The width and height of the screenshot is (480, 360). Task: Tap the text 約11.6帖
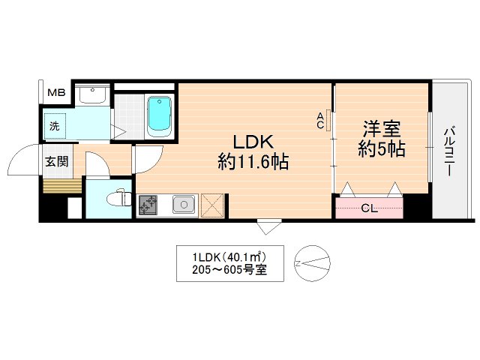click(x=253, y=161)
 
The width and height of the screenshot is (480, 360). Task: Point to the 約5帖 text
click(x=381, y=149)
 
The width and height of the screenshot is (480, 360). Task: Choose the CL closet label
click(x=369, y=208)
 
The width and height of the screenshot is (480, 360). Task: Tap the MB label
click(x=57, y=93)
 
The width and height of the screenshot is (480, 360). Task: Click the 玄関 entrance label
click(x=55, y=161)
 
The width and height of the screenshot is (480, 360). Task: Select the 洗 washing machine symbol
click(x=55, y=126)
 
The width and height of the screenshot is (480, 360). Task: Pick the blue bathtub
click(x=159, y=116)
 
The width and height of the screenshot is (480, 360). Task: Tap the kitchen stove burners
click(x=148, y=204)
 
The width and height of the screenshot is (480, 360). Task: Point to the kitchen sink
click(x=183, y=203)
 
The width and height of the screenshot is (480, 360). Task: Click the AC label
click(x=320, y=120)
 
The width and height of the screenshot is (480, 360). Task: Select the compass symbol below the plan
click(x=310, y=262)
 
